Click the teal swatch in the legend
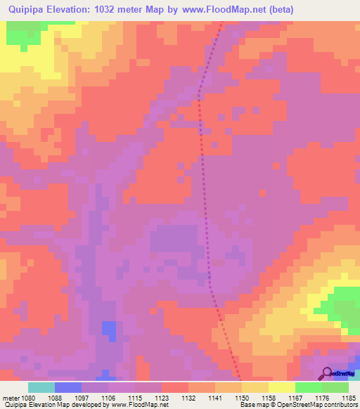[41, 387]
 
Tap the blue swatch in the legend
[68, 387]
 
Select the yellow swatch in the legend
[282, 387]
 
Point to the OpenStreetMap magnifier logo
[326, 373]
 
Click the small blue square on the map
[108, 327]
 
